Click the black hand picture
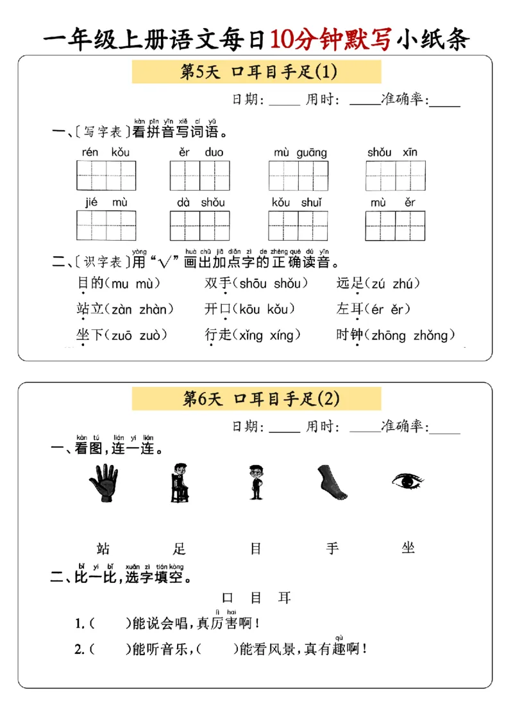pyautogui.click(x=104, y=482)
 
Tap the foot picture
pyautogui.click(x=332, y=482)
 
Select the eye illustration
pyautogui.click(x=408, y=480)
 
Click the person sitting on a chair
pyautogui.click(x=180, y=482)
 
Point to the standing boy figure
pyautogui.click(x=256, y=482)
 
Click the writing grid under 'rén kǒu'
pyautogui.click(x=106, y=175)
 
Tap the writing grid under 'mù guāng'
pyautogui.click(x=298, y=175)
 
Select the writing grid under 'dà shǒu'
pyautogui.click(x=199, y=225)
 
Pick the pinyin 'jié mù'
pyautogui.click(x=106, y=202)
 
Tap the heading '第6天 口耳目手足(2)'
pyautogui.click(x=256, y=398)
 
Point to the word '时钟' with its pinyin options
pyautogui.click(x=349, y=335)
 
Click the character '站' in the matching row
pyautogui.click(x=103, y=548)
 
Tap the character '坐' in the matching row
pyautogui.click(x=408, y=548)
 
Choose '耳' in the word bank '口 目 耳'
pyautogui.click(x=284, y=598)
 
